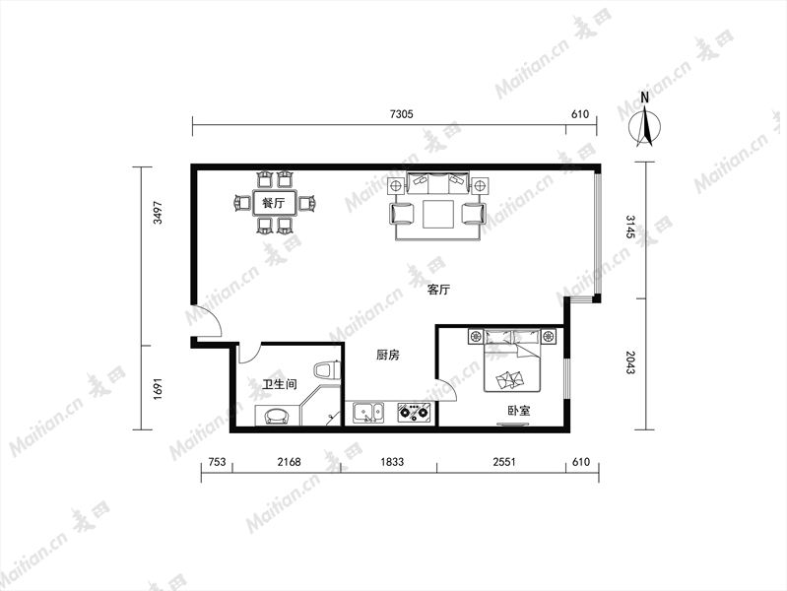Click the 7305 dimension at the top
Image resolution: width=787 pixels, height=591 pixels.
pos(402,114)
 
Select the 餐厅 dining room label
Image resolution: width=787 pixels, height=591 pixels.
pos(274,203)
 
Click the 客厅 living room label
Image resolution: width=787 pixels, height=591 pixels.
pos(438,290)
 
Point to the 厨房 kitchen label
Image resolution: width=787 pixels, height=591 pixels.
pos(388,355)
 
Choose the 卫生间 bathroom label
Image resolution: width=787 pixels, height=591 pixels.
pos(280,384)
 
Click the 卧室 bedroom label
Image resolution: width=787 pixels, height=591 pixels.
pos(518,411)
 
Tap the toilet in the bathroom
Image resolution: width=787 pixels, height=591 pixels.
pos(327,370)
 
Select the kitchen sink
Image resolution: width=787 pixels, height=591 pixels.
pos(368,413)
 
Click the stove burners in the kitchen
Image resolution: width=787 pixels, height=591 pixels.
pos(414,413)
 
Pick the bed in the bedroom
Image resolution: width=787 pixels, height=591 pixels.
pos(512,361)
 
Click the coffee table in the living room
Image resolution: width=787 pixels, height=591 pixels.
pos(438,215)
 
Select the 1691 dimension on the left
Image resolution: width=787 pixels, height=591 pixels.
pos(159,388)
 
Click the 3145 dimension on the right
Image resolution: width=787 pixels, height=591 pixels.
pos(630,227)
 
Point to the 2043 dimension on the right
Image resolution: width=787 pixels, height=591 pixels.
pos(630,362)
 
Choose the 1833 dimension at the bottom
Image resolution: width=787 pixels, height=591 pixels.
pos(392,462)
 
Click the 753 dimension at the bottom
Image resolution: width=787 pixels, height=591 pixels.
pos(217,462)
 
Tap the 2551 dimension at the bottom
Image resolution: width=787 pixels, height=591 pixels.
pos(504,462)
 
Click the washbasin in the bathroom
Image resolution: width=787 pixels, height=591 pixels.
pos(277,417)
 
